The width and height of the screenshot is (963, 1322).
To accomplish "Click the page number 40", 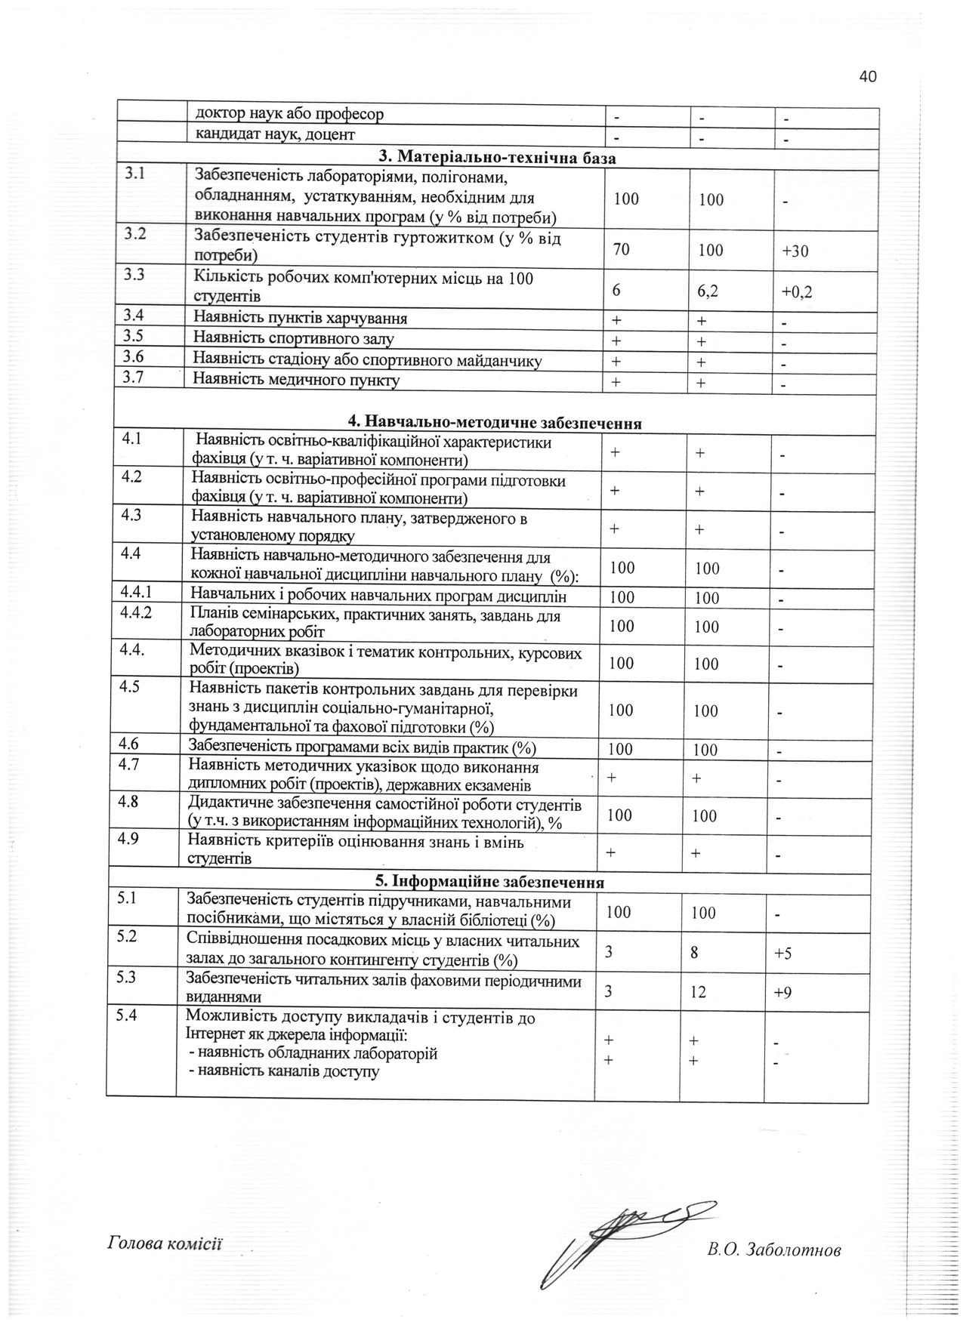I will point(867,76).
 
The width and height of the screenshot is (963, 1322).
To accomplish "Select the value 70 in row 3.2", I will point(622,249).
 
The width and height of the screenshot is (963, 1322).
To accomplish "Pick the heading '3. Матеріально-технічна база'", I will point(497,159).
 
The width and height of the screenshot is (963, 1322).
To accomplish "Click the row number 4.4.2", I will point(136,612).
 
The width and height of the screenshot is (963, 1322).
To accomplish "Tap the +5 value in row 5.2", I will point(782,954).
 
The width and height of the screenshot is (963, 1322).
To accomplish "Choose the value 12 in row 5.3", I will point(697,992).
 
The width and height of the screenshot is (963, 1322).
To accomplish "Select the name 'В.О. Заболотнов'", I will point(773,1250).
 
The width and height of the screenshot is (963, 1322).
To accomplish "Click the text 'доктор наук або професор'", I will point(289,114).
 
